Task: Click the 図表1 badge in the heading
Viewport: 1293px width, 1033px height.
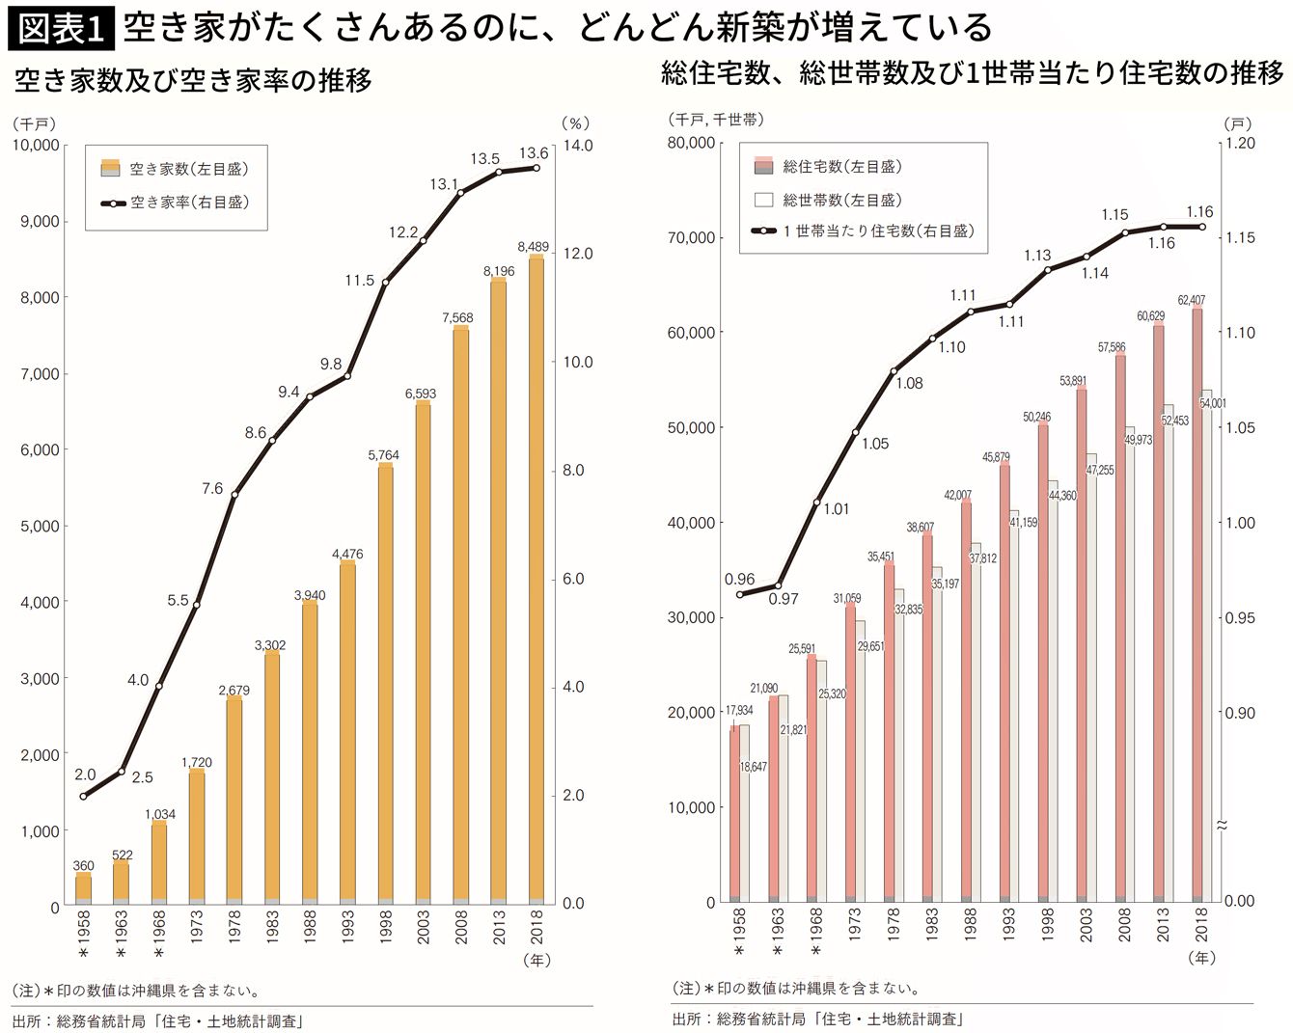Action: (61, 28)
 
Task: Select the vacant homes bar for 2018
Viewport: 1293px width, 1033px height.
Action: (536, 579)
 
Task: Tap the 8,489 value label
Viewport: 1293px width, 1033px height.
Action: (533, 247)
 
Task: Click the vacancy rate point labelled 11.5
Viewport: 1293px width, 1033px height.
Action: (386, 283)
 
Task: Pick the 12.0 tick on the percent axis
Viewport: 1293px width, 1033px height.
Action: (577, 254)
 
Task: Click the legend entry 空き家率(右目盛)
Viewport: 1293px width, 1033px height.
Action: (189, 203)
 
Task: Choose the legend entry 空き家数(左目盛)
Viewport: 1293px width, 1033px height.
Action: (189, 169)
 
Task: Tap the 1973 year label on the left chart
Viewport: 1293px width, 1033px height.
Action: (197, 930)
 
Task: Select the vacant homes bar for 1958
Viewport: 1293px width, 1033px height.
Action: (84, 887)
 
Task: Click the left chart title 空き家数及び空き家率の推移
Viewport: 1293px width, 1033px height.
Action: (193, 81)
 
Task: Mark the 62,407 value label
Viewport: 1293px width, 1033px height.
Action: (1191, 300)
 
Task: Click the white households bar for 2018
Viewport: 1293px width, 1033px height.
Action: (1207, 646)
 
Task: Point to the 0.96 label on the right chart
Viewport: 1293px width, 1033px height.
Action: (739, 580)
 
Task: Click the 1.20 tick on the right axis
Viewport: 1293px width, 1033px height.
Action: (1240, 143)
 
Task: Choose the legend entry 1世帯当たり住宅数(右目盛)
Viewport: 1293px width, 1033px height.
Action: (878, 231)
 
